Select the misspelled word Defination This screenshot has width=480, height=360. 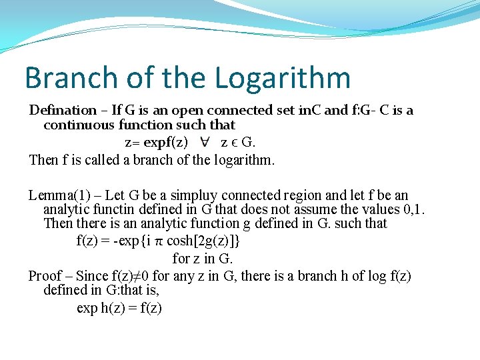click(x=63, y=110)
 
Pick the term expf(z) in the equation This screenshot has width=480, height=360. click(x=171, y=142)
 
